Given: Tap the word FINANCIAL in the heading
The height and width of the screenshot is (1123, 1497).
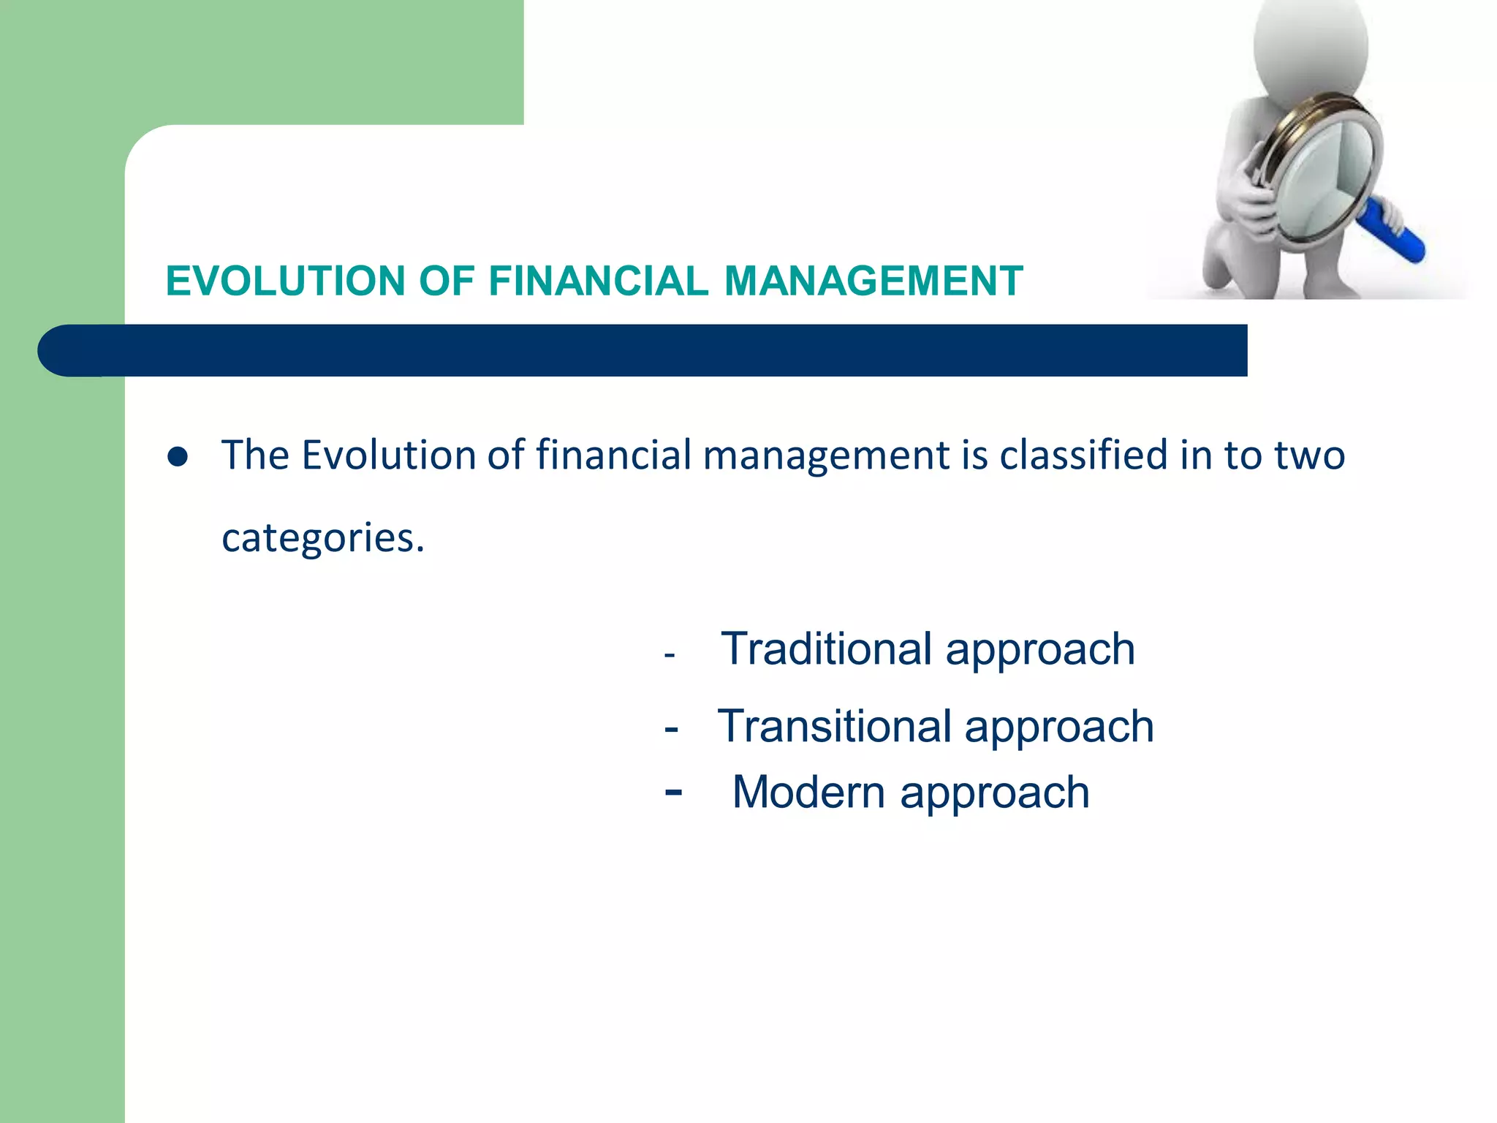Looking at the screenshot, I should pos(598,281).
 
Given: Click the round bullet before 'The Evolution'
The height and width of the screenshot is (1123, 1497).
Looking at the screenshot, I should pos(178,458).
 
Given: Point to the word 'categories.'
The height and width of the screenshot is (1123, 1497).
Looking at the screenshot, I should pos(322,539).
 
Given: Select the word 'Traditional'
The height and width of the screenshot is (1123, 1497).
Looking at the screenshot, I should pos(826,649).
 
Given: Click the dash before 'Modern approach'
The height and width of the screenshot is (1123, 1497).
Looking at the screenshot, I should pos(673,792).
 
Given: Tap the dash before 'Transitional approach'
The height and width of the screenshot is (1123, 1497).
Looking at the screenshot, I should pos(671,729).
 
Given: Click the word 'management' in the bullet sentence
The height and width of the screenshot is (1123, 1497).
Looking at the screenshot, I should pos(826,456).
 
